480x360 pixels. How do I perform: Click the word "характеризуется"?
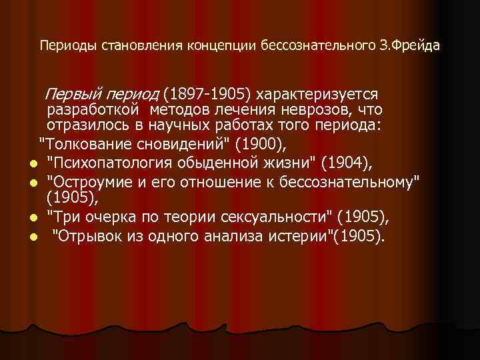pos(322,94)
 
